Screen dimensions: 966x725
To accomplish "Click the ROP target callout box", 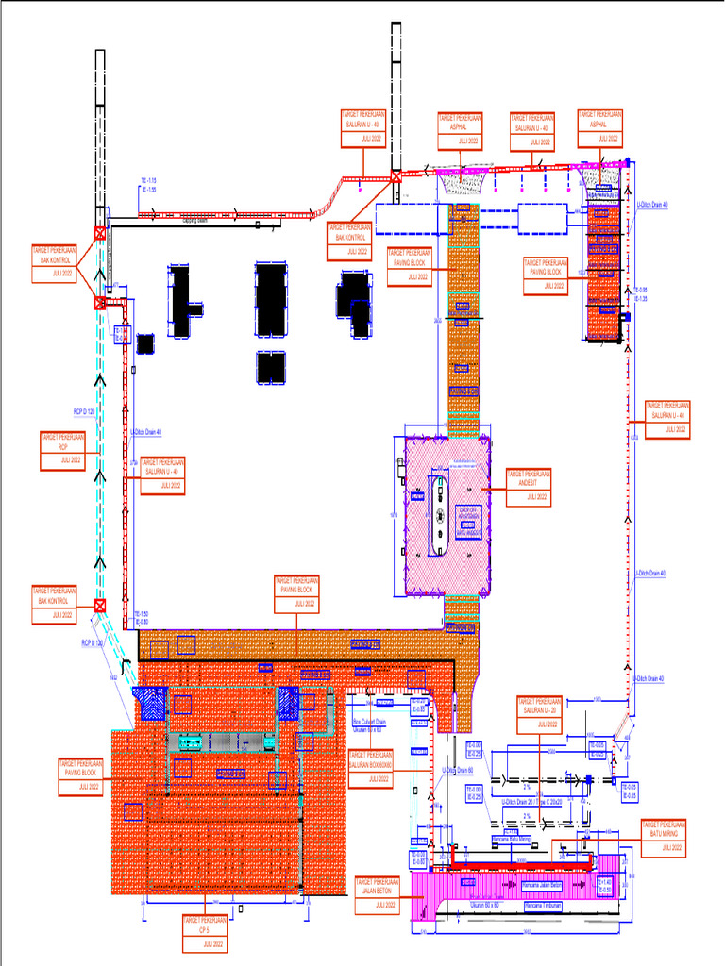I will [x=63, y=451].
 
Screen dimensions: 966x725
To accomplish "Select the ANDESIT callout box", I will [x=529, y=486].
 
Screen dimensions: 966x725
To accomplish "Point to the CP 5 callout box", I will [x=204, y=932].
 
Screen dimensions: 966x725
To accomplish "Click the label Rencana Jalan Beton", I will [x=542, y=887].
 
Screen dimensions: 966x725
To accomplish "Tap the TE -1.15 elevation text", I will [x=148, y=179].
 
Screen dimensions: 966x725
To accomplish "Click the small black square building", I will [x=144, y=343].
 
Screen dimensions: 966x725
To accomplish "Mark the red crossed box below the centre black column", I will [x=396, y=176].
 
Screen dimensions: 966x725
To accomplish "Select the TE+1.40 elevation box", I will [x=604, y=886].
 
